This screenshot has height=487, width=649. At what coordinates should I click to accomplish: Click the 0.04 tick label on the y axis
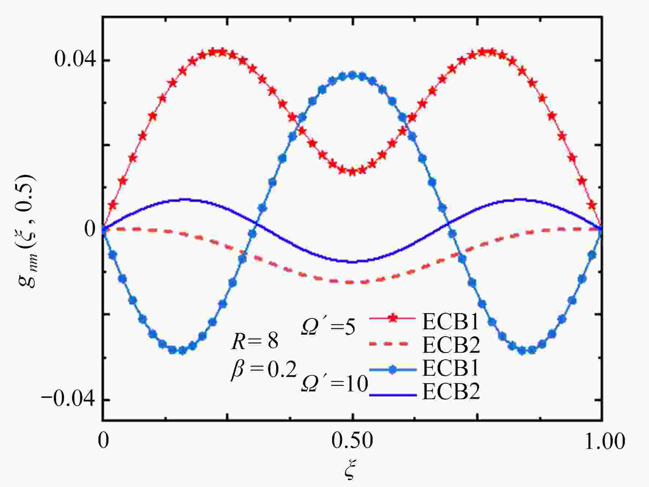[x=74, y=59]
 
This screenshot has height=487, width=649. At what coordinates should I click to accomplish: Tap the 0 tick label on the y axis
[x=90, y=229]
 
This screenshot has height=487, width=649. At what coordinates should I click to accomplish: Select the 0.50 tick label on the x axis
[x=352, y=441]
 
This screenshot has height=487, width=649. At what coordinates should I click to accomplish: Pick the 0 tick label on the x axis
[x=104, y=441]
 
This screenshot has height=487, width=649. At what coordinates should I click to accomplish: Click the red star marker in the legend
[x=393, y=318]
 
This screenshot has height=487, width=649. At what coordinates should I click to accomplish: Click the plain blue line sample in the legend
[x=393, y=395]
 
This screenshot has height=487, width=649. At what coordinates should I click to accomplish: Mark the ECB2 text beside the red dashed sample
[x=451, y=344]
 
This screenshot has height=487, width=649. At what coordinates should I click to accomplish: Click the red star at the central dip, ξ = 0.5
[x=352, y=171]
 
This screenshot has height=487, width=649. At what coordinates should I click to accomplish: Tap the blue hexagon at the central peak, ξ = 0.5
[x=352, y=75]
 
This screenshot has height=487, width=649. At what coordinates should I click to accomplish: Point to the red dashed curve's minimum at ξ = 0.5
[x=352, y=282]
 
